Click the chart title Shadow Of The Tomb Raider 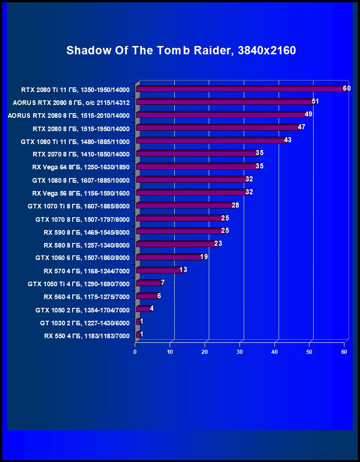(x=181, y=51)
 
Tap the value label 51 (x=315, y=101)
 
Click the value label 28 (x=235, y=205)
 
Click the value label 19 (x=204, y=257)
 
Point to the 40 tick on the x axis (x=274, y=352)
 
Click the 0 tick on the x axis (x=135, y=352)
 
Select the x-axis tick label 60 (x=344, y=352)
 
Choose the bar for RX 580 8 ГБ (x=176, y=243)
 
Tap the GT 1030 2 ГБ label (x=85, y=323)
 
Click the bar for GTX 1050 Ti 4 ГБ (x=149, y=283)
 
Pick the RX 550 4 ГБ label (x=87, y=336)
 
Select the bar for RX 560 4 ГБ (x=147, y=296)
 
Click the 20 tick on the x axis (x=205, y=352)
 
